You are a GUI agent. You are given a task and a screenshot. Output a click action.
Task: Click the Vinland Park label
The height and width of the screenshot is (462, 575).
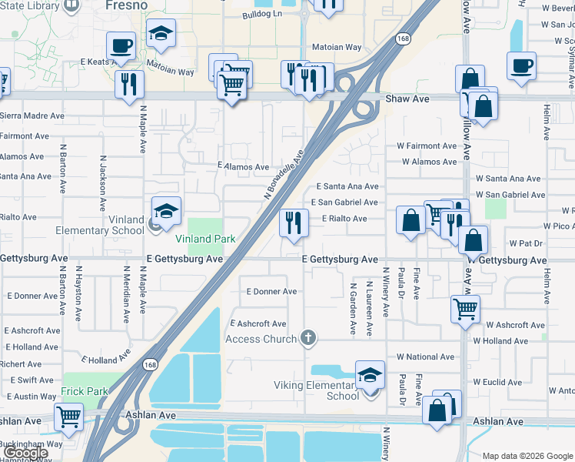click(204, 239)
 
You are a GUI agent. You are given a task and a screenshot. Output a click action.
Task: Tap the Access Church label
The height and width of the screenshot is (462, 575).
click(261, 339)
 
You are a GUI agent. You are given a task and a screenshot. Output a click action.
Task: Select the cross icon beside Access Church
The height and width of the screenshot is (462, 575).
click(307, 337)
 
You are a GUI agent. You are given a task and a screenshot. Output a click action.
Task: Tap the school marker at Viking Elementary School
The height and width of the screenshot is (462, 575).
click(370, 375)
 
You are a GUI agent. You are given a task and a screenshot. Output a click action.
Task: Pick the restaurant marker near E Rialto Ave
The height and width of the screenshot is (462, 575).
click(294, 223)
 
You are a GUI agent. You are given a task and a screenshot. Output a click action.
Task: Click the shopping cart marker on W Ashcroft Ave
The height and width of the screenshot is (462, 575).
click(465, 309)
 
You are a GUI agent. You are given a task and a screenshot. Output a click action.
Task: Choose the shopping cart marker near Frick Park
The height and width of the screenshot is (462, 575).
click(69, 418)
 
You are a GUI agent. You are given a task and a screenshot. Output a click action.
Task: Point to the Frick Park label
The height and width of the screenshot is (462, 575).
click(86, 391)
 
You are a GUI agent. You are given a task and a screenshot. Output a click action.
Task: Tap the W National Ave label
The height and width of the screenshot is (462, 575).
click(425, 357)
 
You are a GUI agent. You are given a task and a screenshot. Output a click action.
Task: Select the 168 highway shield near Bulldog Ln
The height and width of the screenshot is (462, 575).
click(402, 38)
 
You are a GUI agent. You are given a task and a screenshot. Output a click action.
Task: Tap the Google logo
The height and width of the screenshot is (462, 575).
click(25, 453)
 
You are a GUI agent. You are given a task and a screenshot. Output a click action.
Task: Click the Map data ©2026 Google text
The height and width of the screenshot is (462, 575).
click(527, 456)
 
